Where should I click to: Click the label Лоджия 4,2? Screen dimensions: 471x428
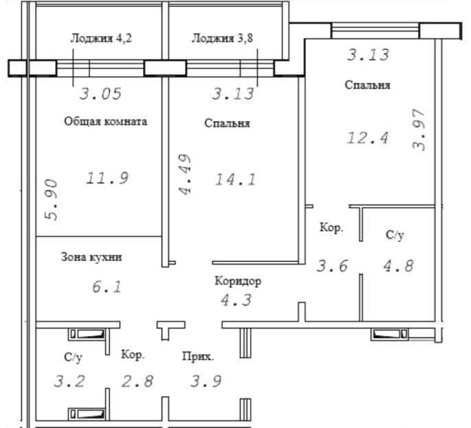(x=101, y=38)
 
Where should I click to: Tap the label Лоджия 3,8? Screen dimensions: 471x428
(x=222, y=38)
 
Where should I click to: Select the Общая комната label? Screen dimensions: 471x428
(x=106, y=122)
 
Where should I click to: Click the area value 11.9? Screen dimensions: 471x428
(x=107, y=178)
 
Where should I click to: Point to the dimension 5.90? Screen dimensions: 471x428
(x=51, y=200)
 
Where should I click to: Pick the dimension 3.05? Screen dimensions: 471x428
(x=100, y=93)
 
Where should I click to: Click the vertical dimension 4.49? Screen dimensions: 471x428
(x=185, y=174)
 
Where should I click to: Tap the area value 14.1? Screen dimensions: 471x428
(x=235, y=179)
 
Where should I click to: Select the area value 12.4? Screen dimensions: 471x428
(x=368, y=138)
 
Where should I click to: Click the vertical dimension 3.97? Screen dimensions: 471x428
(x=419, y=130)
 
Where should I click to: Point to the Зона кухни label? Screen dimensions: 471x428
(x=91, y=257)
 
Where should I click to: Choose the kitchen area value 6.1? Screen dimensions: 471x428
(x=107, y=286)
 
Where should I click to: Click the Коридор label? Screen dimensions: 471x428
(x=238, y=281)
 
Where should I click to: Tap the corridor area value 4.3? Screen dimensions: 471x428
(x=237, y=300)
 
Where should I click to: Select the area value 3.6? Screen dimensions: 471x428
(x=333, y=266)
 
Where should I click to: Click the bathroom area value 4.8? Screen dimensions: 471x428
(x=399, y=266)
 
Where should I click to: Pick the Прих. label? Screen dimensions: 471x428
(x=198, y=357)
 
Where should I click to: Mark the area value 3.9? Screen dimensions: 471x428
(x=206, y=381)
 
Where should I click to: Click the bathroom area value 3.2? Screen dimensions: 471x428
(x=69, y=381)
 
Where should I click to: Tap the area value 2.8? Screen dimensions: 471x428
(x=138, y=381)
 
